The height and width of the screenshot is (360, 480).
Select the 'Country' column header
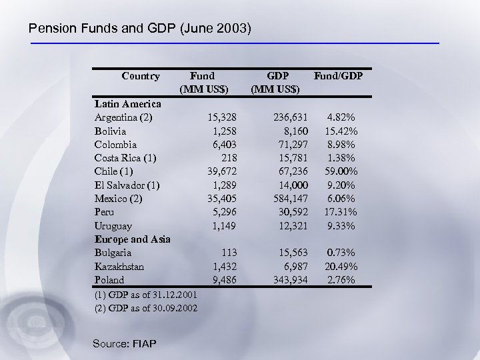[x=141, y=76]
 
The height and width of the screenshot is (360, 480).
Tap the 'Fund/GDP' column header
[x=338, y=76]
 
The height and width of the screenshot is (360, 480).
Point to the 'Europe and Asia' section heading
[x=133, y=239]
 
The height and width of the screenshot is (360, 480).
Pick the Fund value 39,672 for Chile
[x=221, y=171]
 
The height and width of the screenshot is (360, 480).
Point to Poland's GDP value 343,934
[x=288, y=279]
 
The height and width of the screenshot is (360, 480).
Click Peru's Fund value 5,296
[x=224, y=212]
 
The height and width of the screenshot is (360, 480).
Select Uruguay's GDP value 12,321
[x=291, y=225]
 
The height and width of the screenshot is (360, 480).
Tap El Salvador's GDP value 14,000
[x=291, y=185]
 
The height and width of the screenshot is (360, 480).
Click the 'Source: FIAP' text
[x=124, y=343]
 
